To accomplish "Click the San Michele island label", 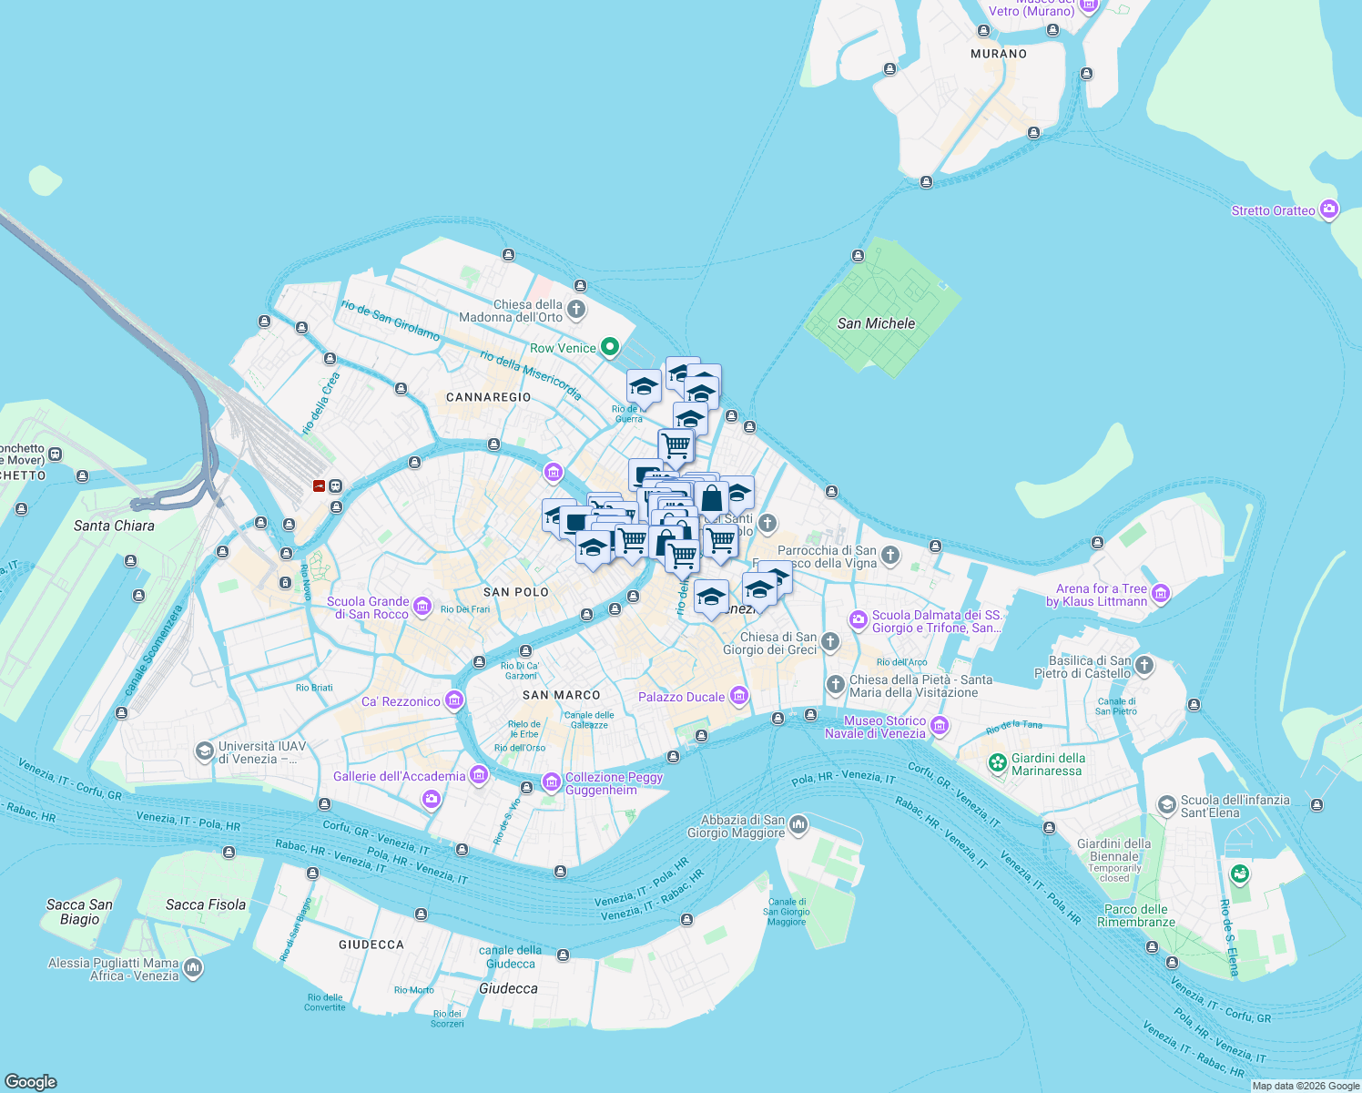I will click(x=876, y=323).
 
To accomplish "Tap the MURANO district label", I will click(x=999, y=54).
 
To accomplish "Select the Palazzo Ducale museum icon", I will click(x=739, y=697).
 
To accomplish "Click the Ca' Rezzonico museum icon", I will click(x=454, y=700).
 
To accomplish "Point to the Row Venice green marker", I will click(x=610, y=347).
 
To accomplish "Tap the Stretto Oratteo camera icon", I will click(x=1329, y=209).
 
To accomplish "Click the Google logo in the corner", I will click(x=31, y=1081).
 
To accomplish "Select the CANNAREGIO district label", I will click(x=488, y=397).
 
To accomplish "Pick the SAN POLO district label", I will click(x=516, y=592).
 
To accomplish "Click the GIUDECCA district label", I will click(x=371, y=945).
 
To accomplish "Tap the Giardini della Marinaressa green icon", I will click(x=998, y=762).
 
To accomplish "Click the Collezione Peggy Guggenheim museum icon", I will click(x=551, y=782).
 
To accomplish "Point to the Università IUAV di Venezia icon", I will click(x=205, y=751).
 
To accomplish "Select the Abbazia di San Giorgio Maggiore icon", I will click(x=798, y=824).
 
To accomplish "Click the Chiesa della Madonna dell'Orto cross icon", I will click(x=576, y=310).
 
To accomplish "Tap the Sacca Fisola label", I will click(x=206, y=904).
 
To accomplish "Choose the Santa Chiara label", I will click(x=114, y=526).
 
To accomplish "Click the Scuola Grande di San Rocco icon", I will click(x=422, y=607).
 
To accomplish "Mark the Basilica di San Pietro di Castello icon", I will click(x=1144, y=666).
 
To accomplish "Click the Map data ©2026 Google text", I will click(x=1306, y=1086).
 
